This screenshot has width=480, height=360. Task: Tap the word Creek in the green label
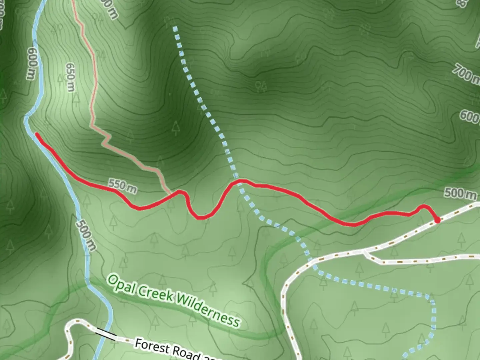click(x=156, y=295)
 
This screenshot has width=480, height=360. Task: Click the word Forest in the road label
click(x=152, y=346)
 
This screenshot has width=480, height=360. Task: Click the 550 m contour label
click(x=122, y=187)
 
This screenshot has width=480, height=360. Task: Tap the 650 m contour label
click(x=70, y=77)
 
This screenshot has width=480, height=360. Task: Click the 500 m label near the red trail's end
click(x=460, y=193)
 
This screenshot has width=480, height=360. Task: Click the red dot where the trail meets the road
click(x=437, y=220)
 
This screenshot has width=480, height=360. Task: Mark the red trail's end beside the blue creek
click(x=37, y=135)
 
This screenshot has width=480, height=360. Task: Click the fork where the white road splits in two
click(x=366, y=251)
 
